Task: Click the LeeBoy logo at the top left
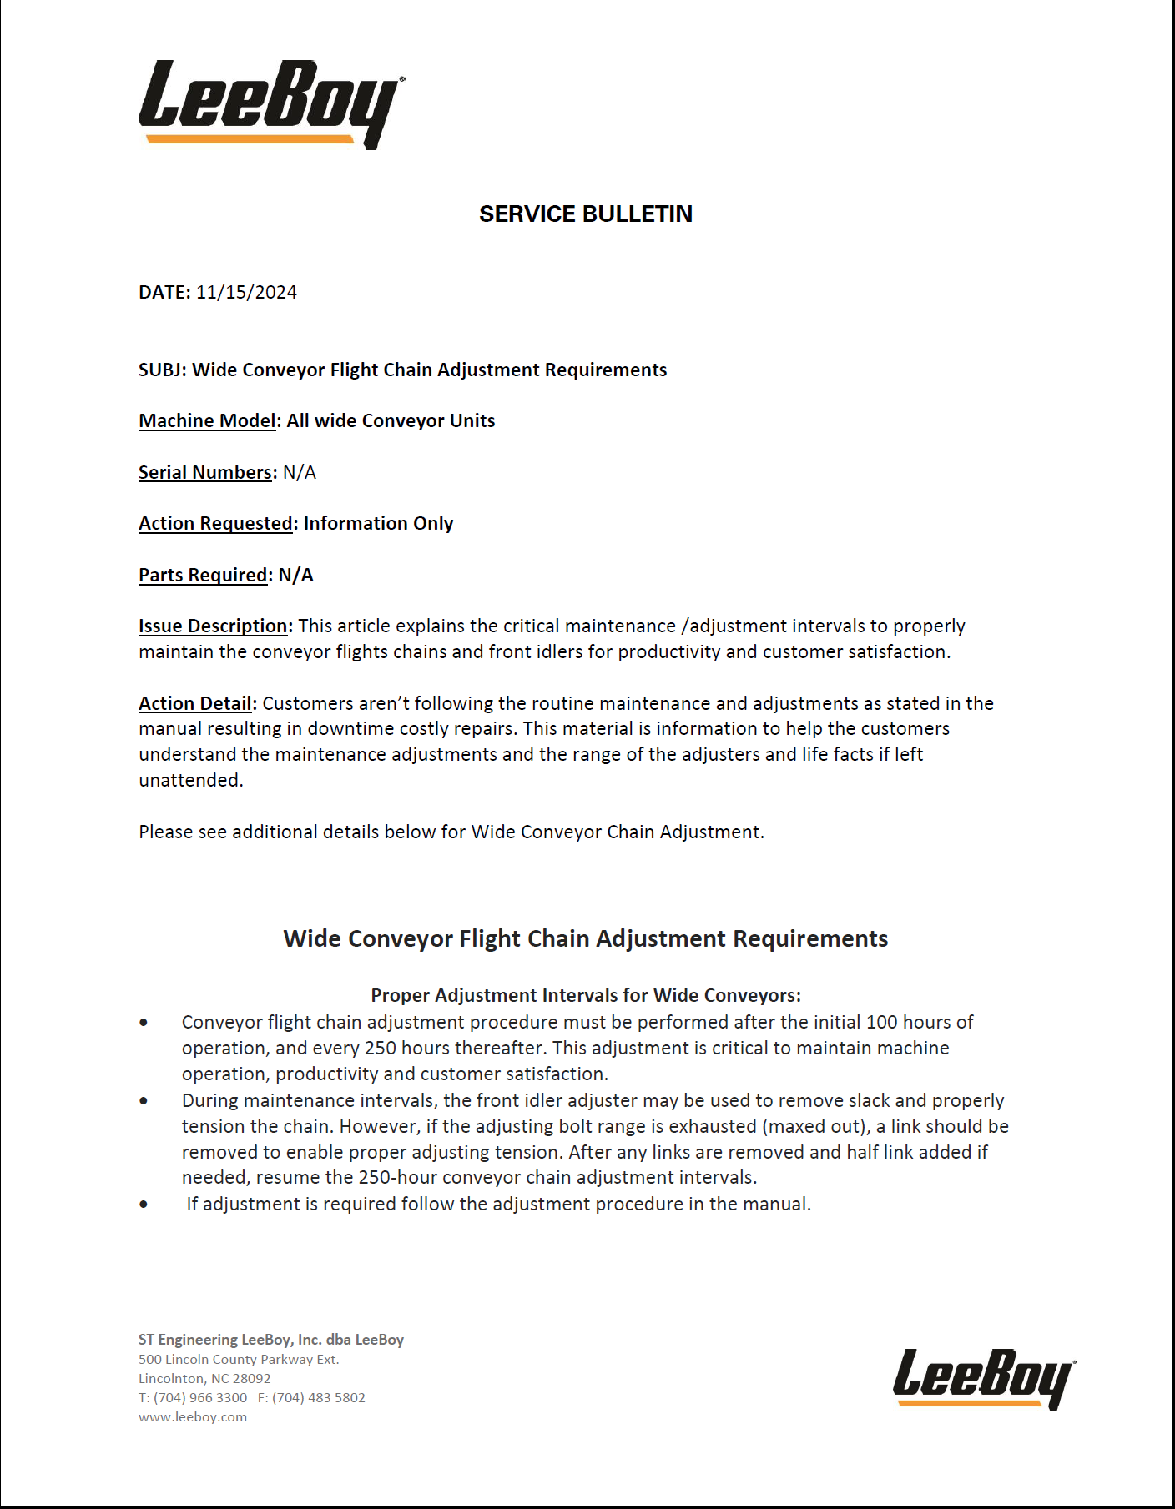click(270, 103)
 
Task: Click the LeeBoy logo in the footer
click(984, 1378)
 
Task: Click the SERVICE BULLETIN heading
click(586, 214)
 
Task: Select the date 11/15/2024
click(247, 293)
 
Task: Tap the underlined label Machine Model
click(207, 421)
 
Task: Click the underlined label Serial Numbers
click(205, 473)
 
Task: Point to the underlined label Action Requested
click(215, 524)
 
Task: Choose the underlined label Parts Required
click(203, 576)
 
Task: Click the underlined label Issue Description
click(214, 626)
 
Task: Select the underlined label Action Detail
click(195, 704)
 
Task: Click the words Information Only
click(378, 524)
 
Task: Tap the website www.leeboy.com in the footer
click(193, 1417)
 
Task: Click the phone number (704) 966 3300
click(200, 1398)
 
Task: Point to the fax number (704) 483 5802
click(318, 1398)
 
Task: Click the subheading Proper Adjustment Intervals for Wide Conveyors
click(586, 996)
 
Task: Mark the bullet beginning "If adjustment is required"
click(498, 1205)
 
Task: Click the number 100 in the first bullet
click(883, 1023)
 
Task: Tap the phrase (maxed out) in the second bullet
click(813, 1127)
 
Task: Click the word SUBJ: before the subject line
click(163, 370)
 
